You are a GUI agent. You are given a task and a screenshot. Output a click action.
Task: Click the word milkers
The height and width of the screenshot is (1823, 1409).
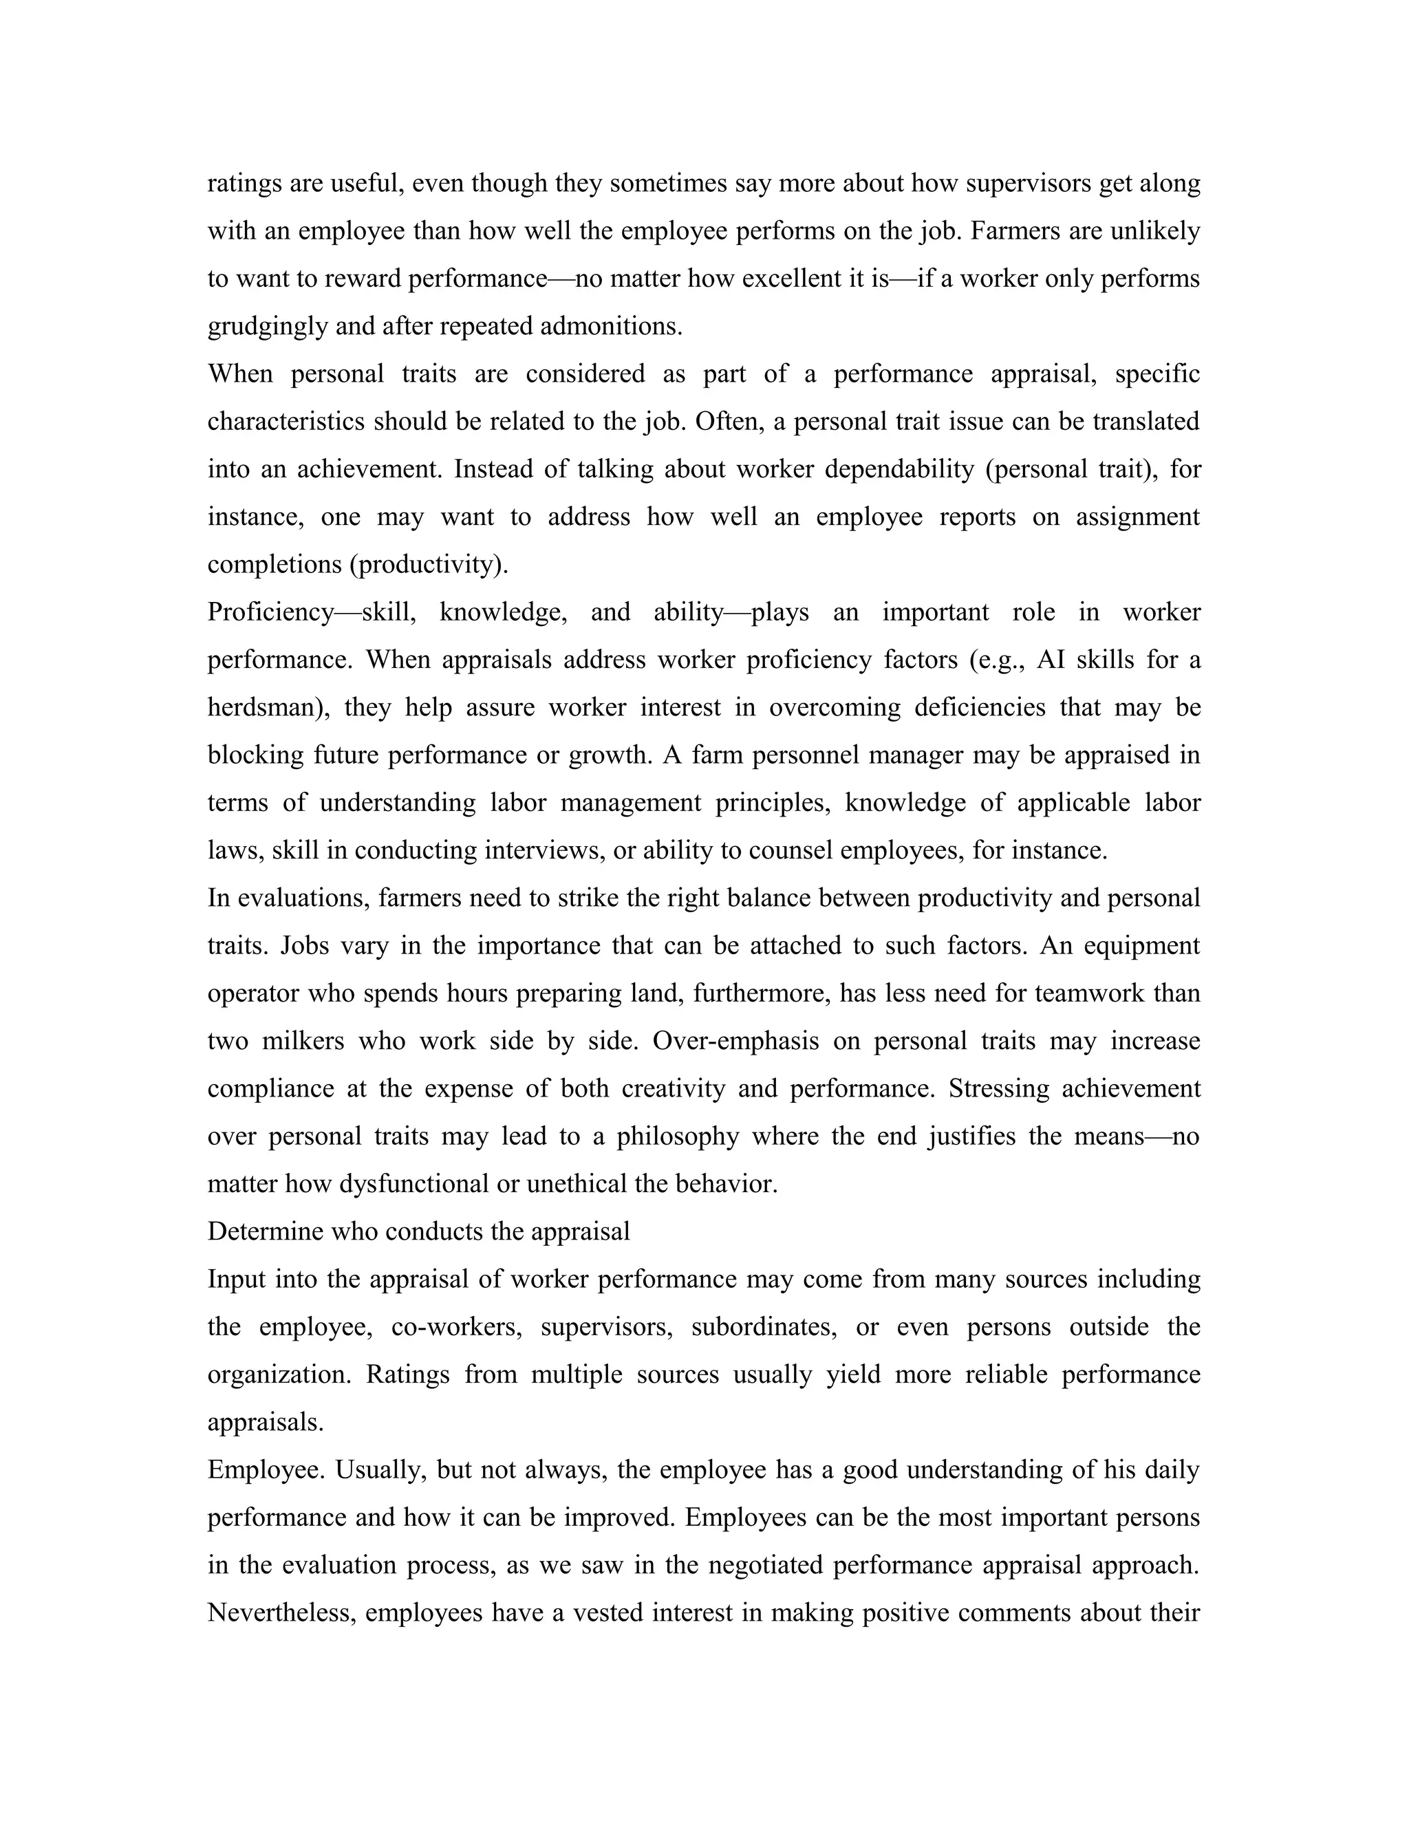pyautogui.click(x=302, y=1042)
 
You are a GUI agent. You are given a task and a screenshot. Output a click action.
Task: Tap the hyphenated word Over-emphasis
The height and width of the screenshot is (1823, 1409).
pyautogui.click(x=741, y=1042)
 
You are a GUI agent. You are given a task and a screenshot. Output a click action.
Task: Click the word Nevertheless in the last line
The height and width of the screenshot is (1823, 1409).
pyautogui.click(x=281, y=1612)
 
